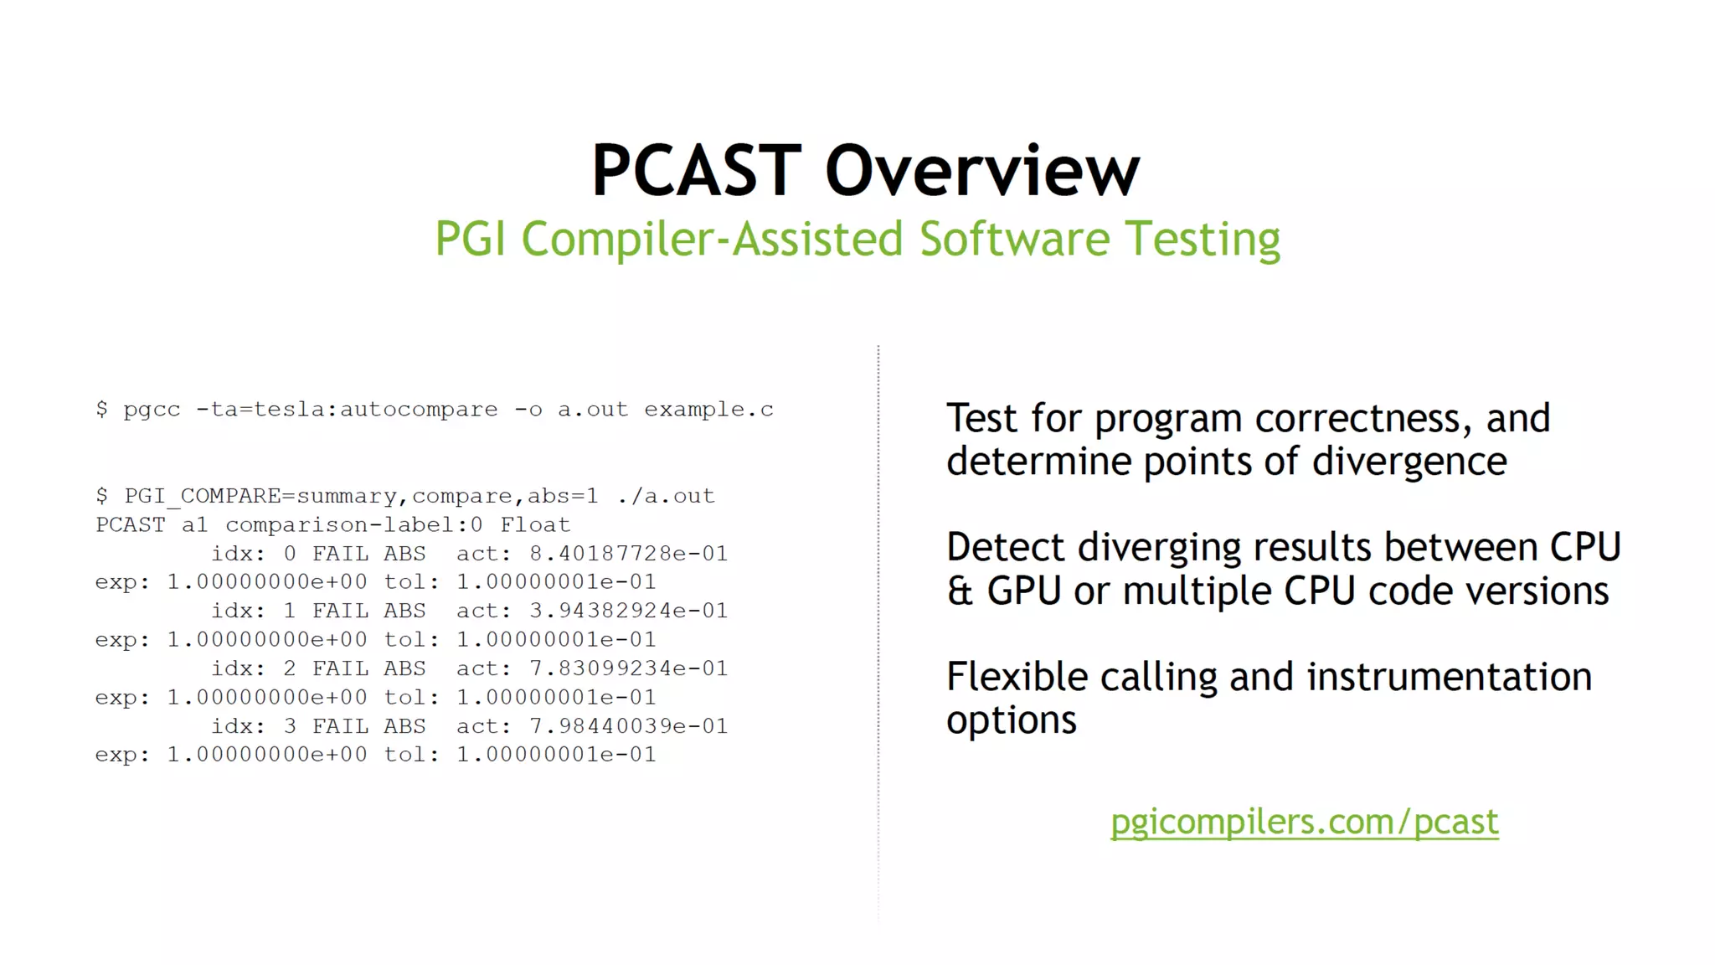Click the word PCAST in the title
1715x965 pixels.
click(x=697, y=171)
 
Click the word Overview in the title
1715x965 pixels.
click(x=981, y=171)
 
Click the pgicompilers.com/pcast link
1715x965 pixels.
click(x=1304, y=822)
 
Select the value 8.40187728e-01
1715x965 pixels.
click(x=628, y=554)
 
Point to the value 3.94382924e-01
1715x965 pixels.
click(x=628, y=611)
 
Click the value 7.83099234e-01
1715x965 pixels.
click(x=628, y=668)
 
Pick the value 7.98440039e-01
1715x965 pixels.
click(x=628, y=726)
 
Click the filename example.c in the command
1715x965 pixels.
click(x=708, y=410)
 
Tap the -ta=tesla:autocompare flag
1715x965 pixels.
click(x=347, y=410)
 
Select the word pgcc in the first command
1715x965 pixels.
click(x=152, y=410)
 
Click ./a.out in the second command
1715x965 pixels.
click(x=666, y=496)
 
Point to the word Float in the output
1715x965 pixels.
click(x=535, y=525)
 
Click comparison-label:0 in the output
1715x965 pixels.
click(x=353, y=525)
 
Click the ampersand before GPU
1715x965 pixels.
click(x=960, y=591)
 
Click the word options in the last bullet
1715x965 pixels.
click(x=1011, y=721)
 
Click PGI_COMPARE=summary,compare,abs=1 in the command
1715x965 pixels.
click(x=362, y=496)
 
